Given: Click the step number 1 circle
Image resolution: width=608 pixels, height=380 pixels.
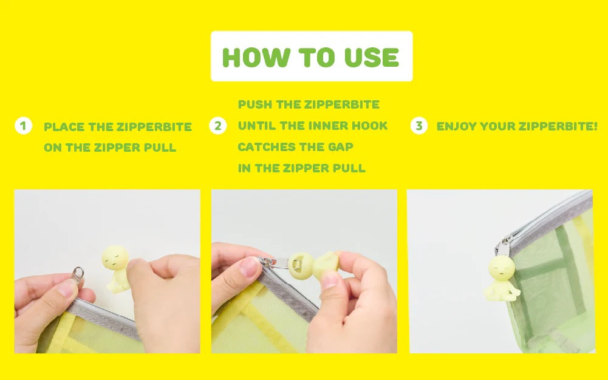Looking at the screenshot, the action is [23, 126].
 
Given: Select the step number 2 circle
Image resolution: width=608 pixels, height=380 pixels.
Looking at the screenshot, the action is [217, 126].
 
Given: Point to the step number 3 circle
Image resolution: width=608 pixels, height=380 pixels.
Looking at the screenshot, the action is [418, 126].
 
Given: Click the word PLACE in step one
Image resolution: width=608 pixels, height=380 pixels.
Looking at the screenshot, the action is [64, 127].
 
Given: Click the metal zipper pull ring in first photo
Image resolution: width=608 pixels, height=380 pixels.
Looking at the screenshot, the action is [78, 275].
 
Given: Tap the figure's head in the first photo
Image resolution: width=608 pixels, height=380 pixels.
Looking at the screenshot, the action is [115, 257].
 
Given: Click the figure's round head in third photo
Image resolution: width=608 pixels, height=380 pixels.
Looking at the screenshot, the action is [501, 267].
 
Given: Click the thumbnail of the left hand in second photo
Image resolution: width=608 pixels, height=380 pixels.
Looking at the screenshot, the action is [248, 267].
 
